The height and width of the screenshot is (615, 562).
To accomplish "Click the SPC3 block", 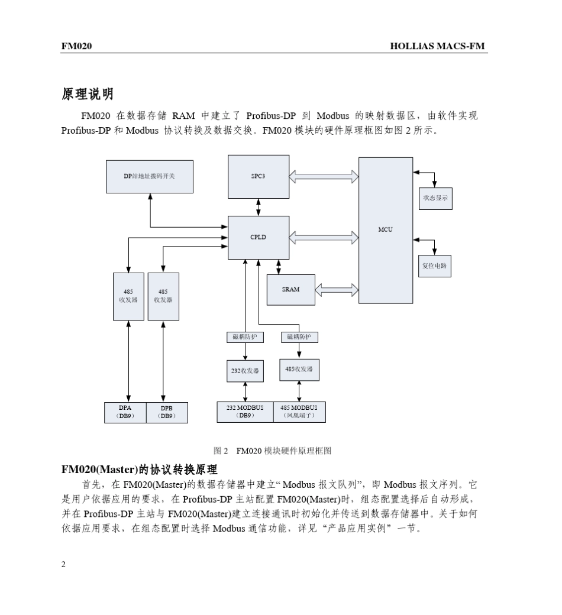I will tap(259, 176).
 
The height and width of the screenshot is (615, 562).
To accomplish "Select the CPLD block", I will tap(259, 237).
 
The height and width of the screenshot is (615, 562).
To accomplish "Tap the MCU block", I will tap(386, 230).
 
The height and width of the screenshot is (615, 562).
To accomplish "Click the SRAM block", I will tap(290, 290).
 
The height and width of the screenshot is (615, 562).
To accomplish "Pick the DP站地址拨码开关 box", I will tap(150, 176).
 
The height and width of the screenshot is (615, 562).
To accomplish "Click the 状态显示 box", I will tap(435, 199).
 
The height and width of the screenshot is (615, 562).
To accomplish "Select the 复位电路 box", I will tap(435, 266).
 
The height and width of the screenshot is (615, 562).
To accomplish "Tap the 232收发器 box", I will tap(245, 371).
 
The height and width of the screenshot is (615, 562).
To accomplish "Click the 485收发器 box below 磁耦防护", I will tap(299, 370).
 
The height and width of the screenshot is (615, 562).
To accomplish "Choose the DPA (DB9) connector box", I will tap(125, 412).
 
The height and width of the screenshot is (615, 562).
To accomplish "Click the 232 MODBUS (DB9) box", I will tap(246, 412).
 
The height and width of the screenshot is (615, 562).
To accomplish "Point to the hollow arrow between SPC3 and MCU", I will tap(324, 176).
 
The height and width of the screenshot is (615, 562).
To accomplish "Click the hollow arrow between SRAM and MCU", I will tap(337, 290).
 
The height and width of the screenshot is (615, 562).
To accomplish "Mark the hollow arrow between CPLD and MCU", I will tap(324, 237).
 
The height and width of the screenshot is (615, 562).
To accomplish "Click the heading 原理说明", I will tap(87, 93).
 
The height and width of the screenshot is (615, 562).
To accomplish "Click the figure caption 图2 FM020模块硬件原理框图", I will tap(276, 451).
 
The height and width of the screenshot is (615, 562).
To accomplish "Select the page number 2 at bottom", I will tap(64, 564).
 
